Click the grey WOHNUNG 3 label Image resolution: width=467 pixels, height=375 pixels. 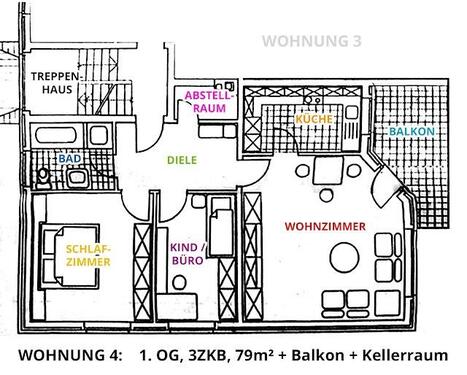coord(310,41)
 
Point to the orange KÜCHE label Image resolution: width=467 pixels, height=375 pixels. coord(313,119)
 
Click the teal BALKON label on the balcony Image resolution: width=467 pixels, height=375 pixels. coord(411,132)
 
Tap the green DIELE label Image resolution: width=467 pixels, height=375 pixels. coord(181,159)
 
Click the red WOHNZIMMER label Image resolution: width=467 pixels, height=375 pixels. coord(323,226)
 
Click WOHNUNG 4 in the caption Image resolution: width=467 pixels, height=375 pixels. coord(66,355)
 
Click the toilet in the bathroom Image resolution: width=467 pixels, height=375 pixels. coord(42,177)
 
